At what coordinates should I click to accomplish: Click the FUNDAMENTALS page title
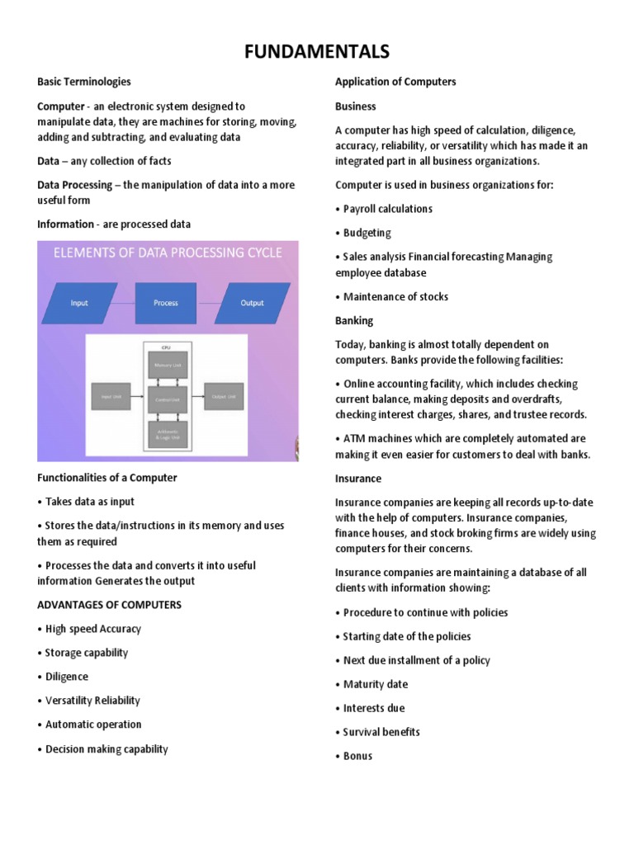(317, 53)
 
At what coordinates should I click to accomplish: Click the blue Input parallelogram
(79, 303)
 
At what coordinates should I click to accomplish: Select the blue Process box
(166, 303)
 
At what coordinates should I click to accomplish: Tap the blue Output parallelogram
(252, 303)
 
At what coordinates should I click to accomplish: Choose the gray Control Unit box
(167, 398)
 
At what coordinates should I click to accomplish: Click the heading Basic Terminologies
(83, 82)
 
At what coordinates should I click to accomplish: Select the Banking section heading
(354, 320)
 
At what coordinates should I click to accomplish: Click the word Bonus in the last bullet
(357, 756)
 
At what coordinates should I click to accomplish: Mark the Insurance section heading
(358, 479)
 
